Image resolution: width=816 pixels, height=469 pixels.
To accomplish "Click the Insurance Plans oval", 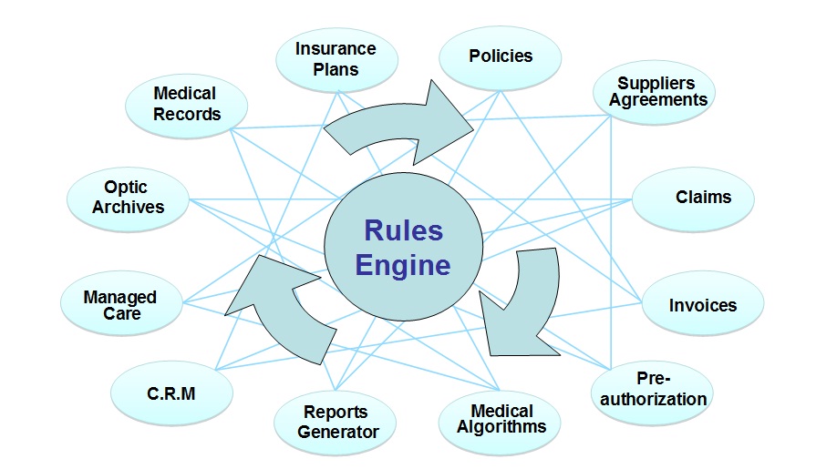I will [x=336, y=59].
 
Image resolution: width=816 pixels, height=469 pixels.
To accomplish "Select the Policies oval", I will [x=500, y=56].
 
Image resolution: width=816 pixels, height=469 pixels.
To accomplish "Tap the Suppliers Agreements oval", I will [x=654, y=92].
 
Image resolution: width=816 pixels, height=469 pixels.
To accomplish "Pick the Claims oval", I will [x=694, y=198].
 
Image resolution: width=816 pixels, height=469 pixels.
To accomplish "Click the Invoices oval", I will [x=702, y=305].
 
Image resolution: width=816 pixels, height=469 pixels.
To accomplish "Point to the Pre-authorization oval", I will [x=658, y=389].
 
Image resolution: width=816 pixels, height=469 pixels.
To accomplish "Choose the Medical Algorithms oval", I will [x=501, y=419].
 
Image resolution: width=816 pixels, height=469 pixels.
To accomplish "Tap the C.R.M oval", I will [x=171, y=393].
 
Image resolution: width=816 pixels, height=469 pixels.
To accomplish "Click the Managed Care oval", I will [x=120, y=305].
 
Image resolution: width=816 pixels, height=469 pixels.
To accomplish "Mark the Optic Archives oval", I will [x=128, y=198].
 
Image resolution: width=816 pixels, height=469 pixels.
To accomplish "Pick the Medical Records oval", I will [x=186, y=104].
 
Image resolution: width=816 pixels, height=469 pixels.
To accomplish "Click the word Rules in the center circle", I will [x=403, y=230].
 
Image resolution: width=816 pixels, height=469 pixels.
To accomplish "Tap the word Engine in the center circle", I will [x=403, y=265].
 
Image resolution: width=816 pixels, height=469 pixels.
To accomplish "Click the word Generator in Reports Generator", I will [x=337, y=432].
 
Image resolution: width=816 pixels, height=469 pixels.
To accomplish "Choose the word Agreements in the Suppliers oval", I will [x=658, y=100].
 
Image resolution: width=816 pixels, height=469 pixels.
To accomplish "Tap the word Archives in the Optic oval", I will [x=128, y=207].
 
